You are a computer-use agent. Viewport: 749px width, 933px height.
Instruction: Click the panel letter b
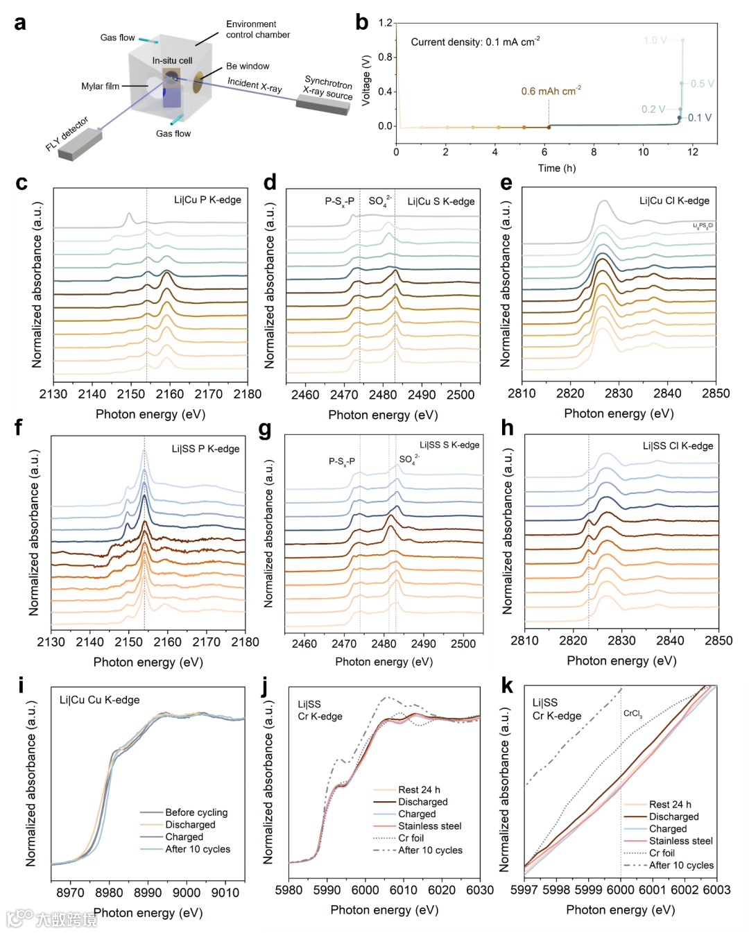(362, 23)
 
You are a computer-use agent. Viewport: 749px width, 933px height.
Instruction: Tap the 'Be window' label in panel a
(248, 66)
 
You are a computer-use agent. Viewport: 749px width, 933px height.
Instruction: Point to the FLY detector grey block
(80, 145)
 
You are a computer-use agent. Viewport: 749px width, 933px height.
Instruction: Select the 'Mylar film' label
(100, 86)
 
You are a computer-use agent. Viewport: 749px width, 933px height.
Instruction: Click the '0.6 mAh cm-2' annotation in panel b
(551, 91)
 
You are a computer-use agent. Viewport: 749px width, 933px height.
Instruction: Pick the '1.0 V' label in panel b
(655, 40)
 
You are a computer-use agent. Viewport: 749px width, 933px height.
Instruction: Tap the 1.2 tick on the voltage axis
(386, 23)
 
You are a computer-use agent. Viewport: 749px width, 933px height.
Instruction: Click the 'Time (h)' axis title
(556, 168)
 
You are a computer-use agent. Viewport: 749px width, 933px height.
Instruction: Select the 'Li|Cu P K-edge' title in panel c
(207, 200)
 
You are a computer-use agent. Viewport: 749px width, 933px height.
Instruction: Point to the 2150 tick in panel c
(131, 394)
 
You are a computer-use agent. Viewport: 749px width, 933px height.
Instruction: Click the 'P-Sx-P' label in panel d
(339, 201)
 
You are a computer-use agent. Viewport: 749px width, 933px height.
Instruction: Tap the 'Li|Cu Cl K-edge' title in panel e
(674, 200)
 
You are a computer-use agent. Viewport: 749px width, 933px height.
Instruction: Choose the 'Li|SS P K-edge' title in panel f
(205, 449)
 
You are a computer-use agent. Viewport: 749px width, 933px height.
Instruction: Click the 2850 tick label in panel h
(718, 640)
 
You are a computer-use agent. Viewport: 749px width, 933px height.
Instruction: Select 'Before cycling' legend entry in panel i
(196, 812)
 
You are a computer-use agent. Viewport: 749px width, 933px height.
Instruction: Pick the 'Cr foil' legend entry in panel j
(411, 838)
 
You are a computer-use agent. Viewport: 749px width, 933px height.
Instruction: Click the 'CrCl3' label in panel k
(632, 713)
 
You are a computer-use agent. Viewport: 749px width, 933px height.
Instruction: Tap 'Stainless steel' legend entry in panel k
(680, 841)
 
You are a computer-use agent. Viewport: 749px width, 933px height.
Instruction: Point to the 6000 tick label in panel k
(620, 889)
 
